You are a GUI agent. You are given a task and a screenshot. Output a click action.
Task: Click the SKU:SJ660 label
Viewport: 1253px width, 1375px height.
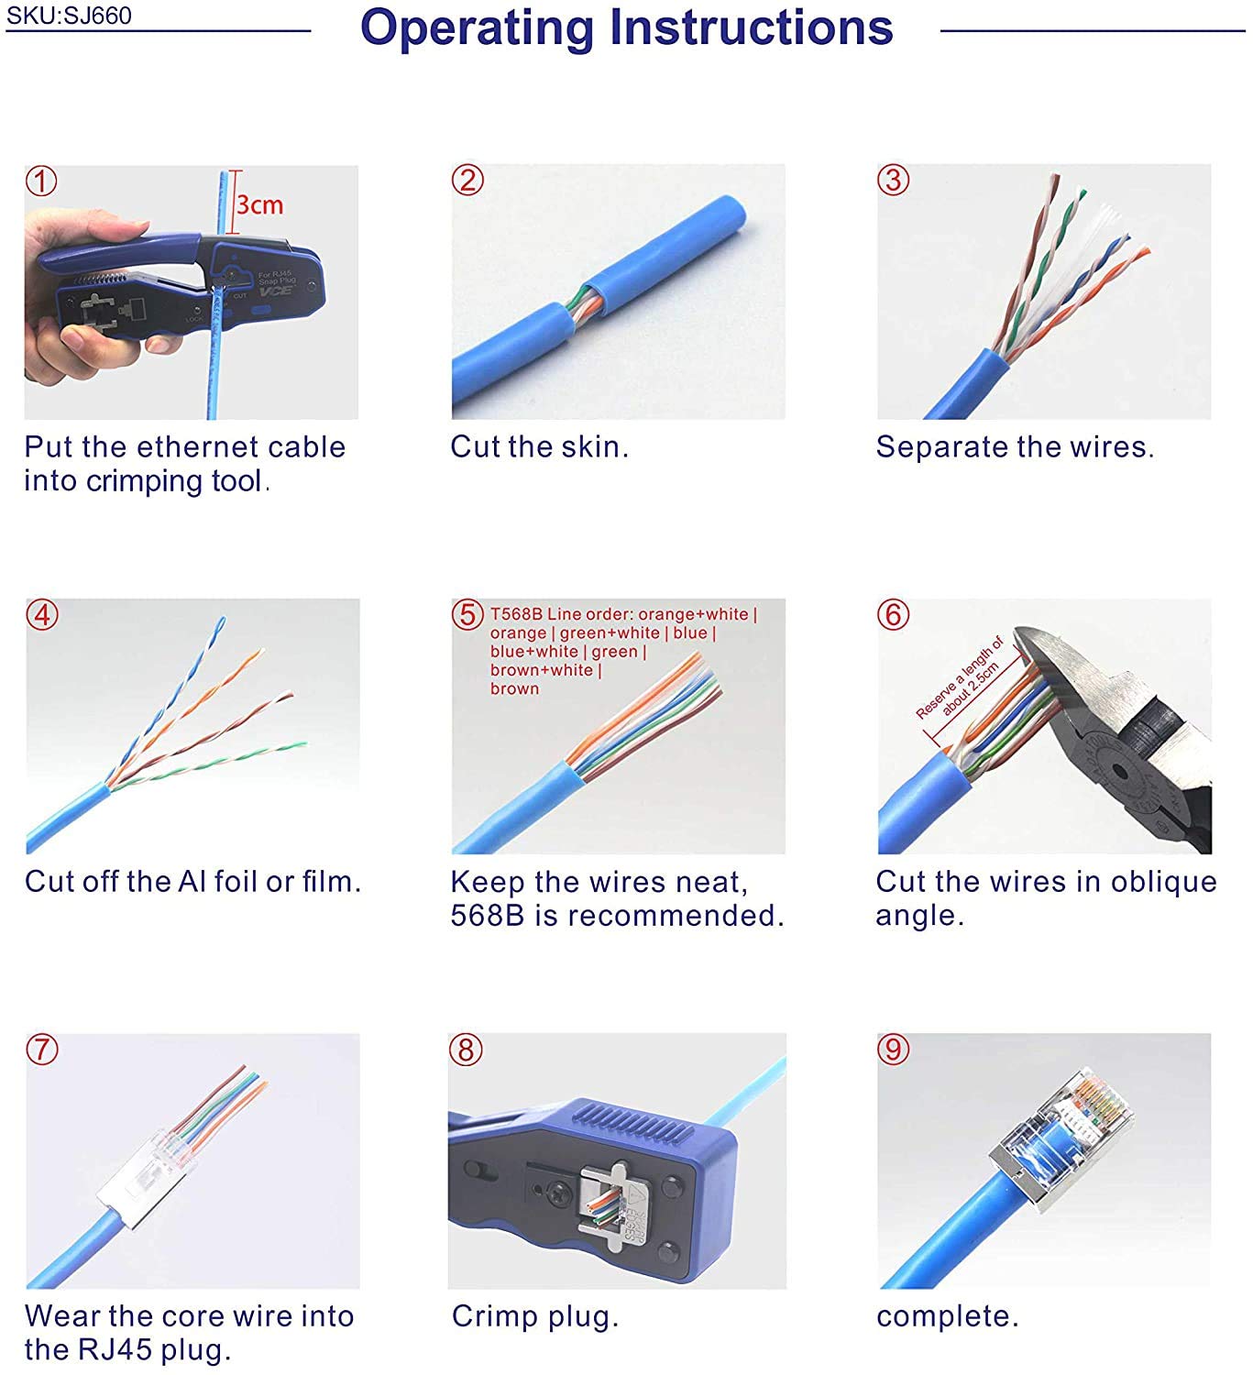point(69,16)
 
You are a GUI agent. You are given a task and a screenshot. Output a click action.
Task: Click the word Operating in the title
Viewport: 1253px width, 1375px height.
point(477,27)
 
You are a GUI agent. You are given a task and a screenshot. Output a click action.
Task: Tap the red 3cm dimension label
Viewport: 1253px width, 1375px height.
point(259,204)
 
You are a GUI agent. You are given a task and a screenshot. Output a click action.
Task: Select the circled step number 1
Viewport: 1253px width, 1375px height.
point(41,181)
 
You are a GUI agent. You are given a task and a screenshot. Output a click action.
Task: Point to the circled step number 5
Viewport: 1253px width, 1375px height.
point(467,614)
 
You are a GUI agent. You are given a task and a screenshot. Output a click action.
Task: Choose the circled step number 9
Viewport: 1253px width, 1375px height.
point(894,1049)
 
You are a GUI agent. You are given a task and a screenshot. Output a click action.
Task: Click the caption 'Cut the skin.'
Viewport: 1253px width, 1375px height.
point(539,447)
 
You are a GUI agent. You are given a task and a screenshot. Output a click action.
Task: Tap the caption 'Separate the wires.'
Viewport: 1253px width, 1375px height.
point(1015,447)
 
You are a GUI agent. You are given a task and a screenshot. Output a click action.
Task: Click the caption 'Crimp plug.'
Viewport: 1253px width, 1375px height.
point(535,1316)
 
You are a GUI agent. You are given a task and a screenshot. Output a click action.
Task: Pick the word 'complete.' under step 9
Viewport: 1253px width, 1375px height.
point(947,1316)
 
